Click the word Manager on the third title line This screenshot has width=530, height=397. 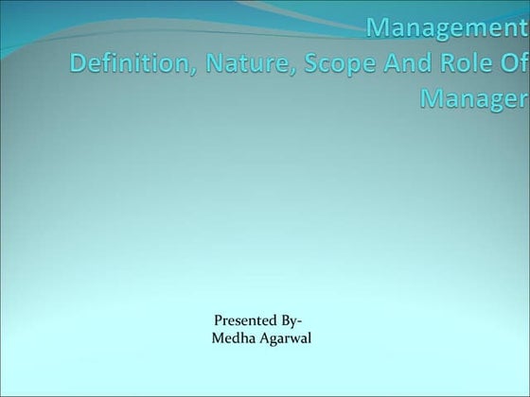tap(468, 99)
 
